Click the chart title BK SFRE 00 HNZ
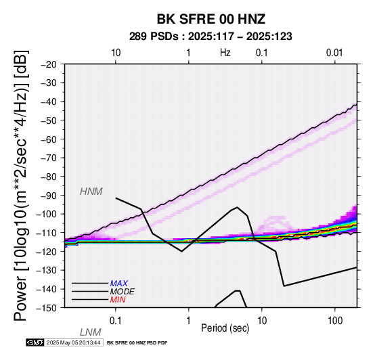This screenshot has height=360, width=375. pyautogui.click(x=211, y=19)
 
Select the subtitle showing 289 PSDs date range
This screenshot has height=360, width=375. pyautogui.click(x=211, y=37)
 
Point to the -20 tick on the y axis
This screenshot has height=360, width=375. pyautogui.click(x=49, y=64)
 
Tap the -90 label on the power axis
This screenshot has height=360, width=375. pyautogui.click(x=49, y=196)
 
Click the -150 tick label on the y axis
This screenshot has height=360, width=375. pyautogui.click(x=47, y=308)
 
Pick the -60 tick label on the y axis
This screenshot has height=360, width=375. pyautogui.click(x=49, y=139)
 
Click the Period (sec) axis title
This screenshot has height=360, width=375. pyautogui.click(x=225, y=328)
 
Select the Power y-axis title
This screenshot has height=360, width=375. pyautogui.click(x=21, y=185)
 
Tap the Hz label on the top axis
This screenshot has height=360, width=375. pyautogui.click(x=225, y=53)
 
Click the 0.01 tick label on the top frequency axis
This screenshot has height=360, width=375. pyautogui.click(x=334, y=53)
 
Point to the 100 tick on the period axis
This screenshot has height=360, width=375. pyautogui.click(x=335, y=321)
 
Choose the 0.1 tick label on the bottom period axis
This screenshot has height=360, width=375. pyautogui.click(x=116, y=321)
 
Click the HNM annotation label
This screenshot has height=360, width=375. pyautogui.click(x=91, y=192)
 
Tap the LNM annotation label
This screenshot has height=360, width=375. pyautogui.click(x=91, y=332)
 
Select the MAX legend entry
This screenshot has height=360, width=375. pyautogui.click(x=118, y=284)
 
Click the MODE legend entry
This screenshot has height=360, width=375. pyautogui.click(x=122, y=292)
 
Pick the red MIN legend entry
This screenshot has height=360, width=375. pyautogui.click(x=118, y=300)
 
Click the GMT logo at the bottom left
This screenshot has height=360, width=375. pyautogui.click(x=35, y=343)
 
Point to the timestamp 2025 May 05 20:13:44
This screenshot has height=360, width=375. pyautogui.click(x=73, y=343)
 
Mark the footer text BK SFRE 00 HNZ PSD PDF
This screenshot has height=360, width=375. pyautogui.click(x=137, y=343)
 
